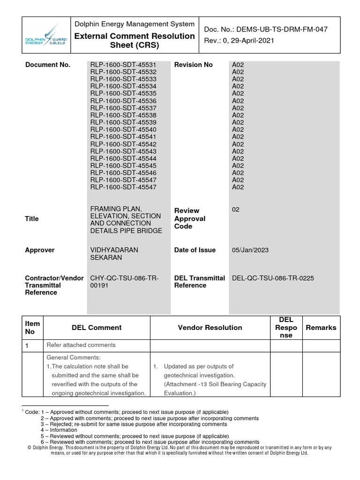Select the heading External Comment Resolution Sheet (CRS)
tap(135, 41)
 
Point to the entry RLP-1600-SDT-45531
tap(123, 65)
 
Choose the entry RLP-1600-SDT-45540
tap(123, 129)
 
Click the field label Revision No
tap(193, 65)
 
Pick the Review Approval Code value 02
tap(236, 210)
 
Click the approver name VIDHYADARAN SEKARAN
tap(114, 254)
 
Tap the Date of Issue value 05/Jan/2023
tap(250, 250)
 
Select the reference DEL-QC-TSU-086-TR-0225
tap(273, 278)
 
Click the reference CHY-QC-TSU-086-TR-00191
tap(124, 282)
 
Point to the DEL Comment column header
tap(97, 328)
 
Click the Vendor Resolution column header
tap(210, 328)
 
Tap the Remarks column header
tap(321, 328)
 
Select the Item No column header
tap(32, 328)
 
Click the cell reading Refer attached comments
tap(81, 345)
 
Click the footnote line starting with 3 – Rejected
tap(134, 424)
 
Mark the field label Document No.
tap(48, 65)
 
